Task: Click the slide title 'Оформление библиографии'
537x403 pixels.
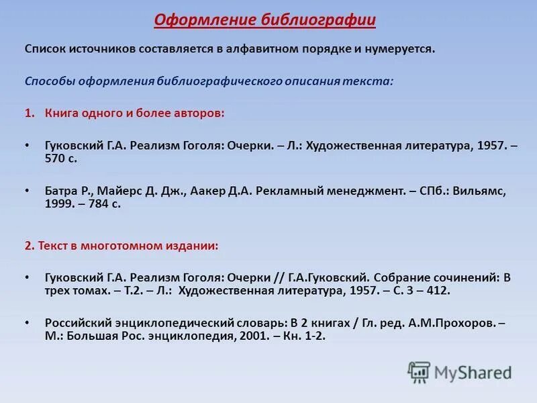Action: pos(264,20)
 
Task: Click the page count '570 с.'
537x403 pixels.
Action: pos(61,159)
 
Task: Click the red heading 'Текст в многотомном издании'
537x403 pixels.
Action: pos(128,246)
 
